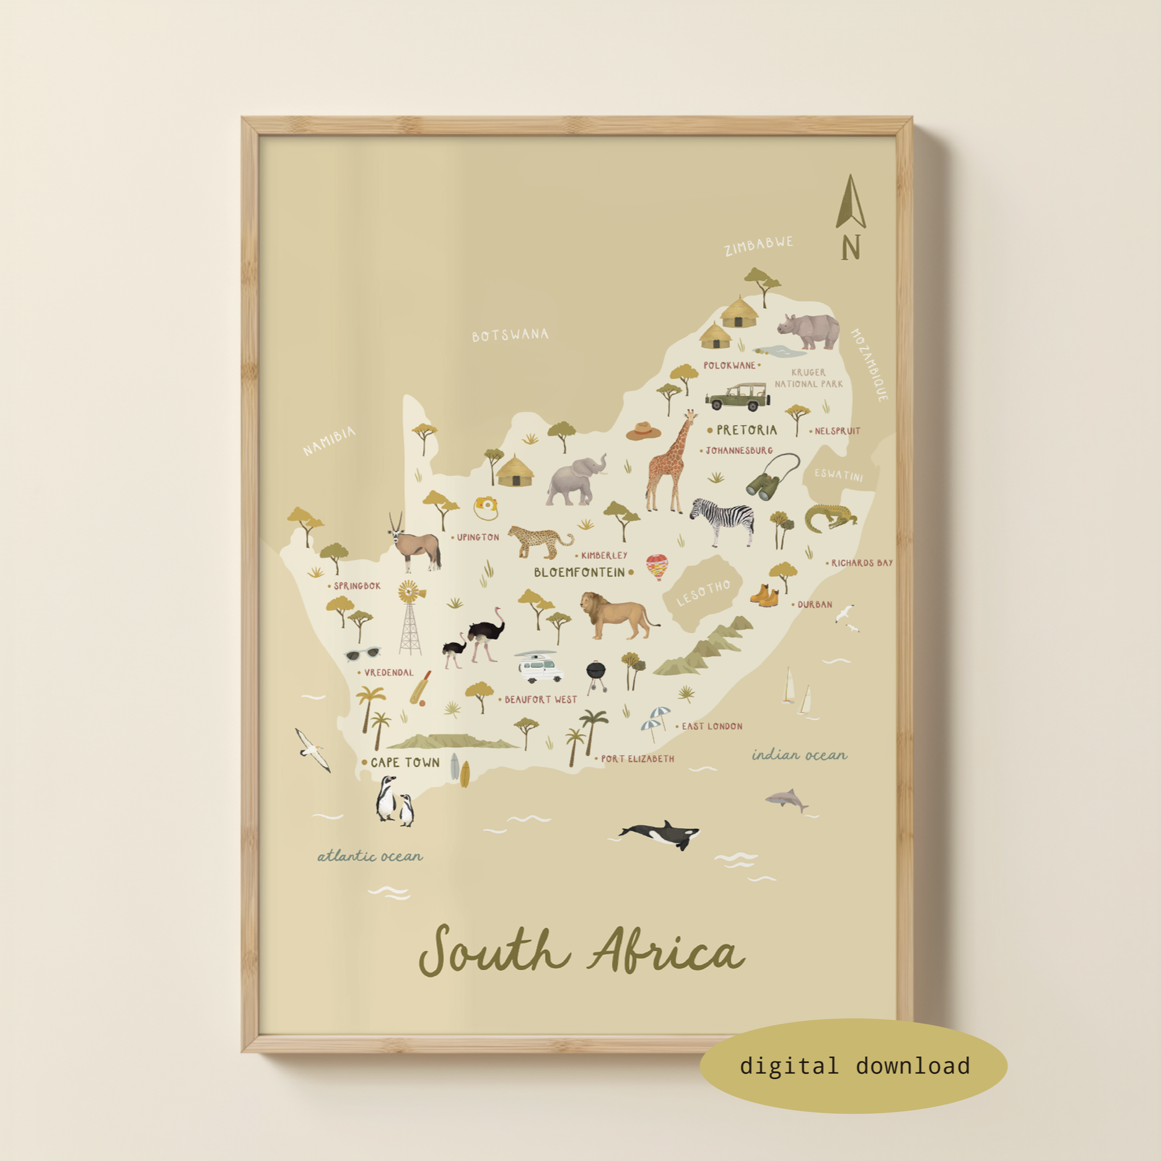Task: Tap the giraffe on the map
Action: [x=669, y=463]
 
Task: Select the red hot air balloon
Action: [x=657, y=566]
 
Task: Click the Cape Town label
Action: [x=405, y=763]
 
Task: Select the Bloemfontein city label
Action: [x=579, y=572]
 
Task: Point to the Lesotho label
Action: [x=704, y=593]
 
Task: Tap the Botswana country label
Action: [x=510, y=335]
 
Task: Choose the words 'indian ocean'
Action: [x=799, y=755]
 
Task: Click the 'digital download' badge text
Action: [x=854, y=1066]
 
